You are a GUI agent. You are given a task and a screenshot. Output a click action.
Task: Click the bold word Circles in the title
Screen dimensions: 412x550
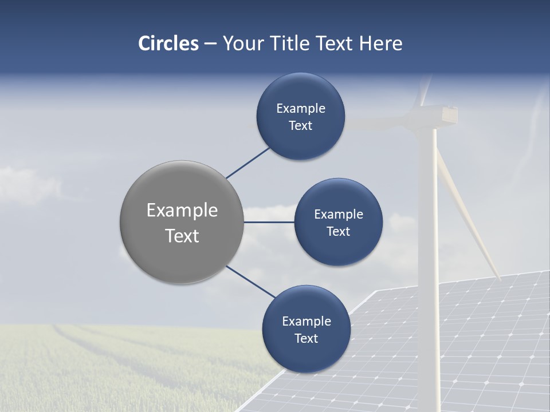[x=168, y=43]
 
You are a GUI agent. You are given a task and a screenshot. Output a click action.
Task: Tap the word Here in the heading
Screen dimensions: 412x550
[x=380, y=43]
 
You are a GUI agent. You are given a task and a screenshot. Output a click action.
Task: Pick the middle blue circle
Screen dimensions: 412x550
[x=338, y=246]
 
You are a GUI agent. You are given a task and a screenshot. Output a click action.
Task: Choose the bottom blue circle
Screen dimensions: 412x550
[x=306, y=355]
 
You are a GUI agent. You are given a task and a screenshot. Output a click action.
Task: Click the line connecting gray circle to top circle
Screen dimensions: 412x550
[x=247, y=163]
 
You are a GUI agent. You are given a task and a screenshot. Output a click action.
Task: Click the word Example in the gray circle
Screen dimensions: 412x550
[x=182, y=211]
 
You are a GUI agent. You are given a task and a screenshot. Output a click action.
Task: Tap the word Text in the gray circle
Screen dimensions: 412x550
[x=182, y=236]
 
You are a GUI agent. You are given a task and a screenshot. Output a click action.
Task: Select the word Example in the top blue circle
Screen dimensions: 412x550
[x=301, y=108]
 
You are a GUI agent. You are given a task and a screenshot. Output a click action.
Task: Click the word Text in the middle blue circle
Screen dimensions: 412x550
[x=338, y=231]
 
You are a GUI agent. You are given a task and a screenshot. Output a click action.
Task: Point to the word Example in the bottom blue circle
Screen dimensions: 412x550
[x=307, y=321]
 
